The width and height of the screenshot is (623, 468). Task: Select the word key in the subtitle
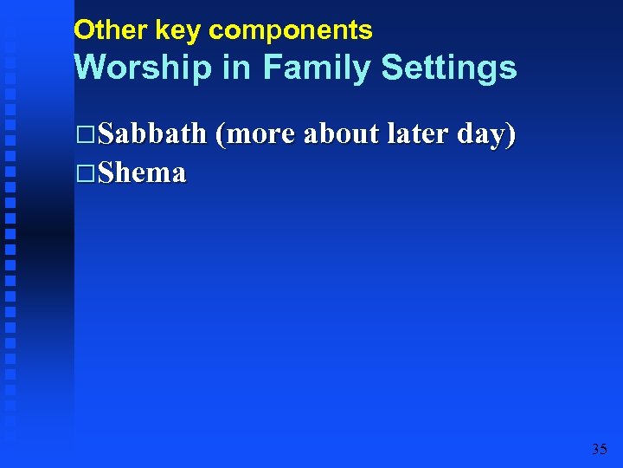coord(178,30)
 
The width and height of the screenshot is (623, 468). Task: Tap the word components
coord(291,31)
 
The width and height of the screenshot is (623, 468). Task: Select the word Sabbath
coord(152,134)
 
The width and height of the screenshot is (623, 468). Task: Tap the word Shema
coord(142,173)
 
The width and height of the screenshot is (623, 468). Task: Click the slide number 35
coord(599,449)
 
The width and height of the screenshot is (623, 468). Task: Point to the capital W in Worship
coord(92,68)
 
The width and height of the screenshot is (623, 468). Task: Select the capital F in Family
coord(272,68)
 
